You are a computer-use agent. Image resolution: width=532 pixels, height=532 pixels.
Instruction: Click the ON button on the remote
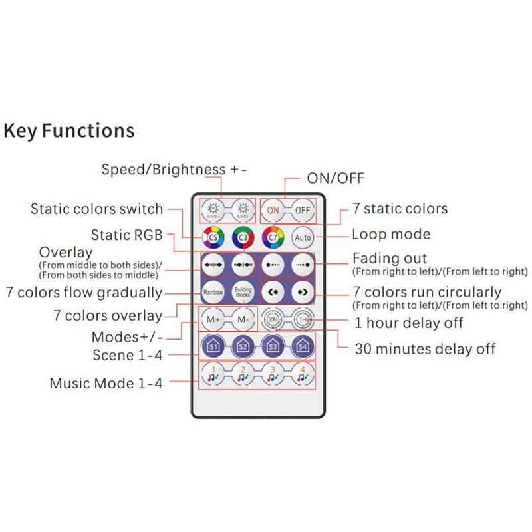pyautogui.click(x=273, y=210)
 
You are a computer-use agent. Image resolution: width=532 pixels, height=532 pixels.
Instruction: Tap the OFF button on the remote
pyautogui.click(x=303, y=210)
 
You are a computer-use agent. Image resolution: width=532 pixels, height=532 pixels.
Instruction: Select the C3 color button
pyautogui.click(x=243, y=236)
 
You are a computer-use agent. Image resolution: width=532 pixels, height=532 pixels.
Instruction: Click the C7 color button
pyautogui.click(x=273, y=236)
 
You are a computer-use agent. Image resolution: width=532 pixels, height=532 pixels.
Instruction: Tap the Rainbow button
pyautogui.click(x=213, y=291)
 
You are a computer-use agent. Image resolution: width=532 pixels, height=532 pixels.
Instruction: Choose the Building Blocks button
pyautogui.click(x=243, y=291)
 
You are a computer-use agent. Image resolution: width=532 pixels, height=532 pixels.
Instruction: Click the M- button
pyautogui.click(x=243, y=319)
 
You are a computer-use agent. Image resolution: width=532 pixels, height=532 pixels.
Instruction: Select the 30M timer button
pyautogui.click(x=273, y=319)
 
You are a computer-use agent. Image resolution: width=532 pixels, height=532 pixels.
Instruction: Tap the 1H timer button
pyautogui.click(x=303, y=319)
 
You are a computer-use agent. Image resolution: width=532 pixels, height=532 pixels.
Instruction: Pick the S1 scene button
pyautogui.click(x=213, y=346)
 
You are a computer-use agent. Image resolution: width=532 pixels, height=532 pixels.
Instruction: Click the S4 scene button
pyautogui.click(x=303, y=346)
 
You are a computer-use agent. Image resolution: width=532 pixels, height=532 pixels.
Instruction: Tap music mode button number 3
pyautogui.click(x=273, y=374)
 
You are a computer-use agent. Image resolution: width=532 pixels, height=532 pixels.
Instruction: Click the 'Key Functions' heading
pyautogui.click(x=69, y=130)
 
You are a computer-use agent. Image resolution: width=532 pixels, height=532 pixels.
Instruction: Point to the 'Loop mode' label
pyautogui.click(x=391, y=234)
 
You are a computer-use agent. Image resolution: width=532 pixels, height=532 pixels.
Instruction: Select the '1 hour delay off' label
pyautogui.click(x=408, y=323)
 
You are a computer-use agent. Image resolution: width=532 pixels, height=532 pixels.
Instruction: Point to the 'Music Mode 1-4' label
pyautogui.click(x=106, y=383)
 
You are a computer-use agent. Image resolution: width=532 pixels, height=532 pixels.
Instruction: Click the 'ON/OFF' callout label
pyautogui.click(x=335, y=178)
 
